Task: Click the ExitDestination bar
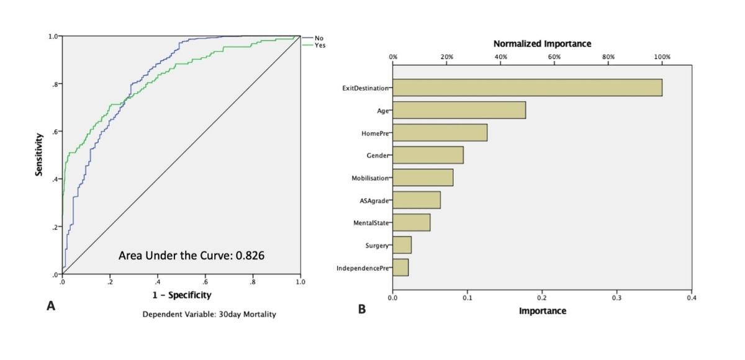tap(527, 88)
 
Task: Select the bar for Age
tap(459, 110)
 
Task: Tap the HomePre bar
tap(440, 133)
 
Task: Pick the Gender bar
tap(428, 155)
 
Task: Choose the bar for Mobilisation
tap(423, 178)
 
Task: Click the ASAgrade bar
tap(417, 200)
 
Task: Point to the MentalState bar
tap(411, 222)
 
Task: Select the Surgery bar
tap(402, 245)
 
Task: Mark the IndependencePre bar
tap(400, 268)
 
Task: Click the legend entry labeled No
tap(318, 38)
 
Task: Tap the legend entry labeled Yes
tap(319, 45)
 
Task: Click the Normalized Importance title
tap(542, 43)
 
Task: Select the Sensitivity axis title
tap(39, 155)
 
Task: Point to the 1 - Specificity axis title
tap(182, 295)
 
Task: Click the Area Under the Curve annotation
tap(191, 255)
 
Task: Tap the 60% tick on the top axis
tap(554, 56)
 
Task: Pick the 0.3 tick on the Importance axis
tap(616, 298)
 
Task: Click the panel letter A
tap(52, 306)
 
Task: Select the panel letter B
tap(361, 308)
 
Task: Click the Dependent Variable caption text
tap(209, 314)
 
